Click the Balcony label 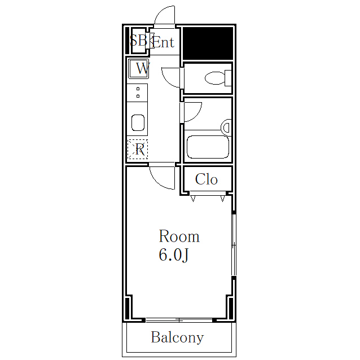[177, 337]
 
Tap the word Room [179, 236]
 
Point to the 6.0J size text [174, 255]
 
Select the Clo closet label [206, 179]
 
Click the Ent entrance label [164, 42]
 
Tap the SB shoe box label [138, 41]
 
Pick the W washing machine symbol [138, 69]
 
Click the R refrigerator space [138, 149]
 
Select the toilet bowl [218, 78]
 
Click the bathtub [208, 147]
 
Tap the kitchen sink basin [138, 122]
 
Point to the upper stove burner [138, 89]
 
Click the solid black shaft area [208, 43]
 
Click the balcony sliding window [179, 320]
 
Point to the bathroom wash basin [226, 127]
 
